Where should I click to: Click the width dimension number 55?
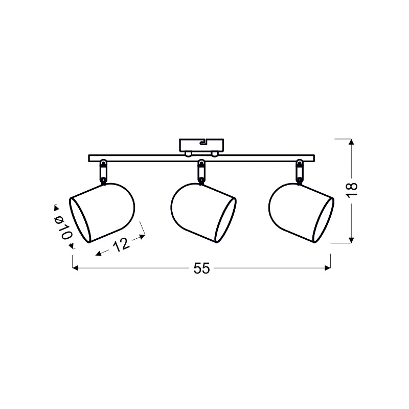(x=201, y=268)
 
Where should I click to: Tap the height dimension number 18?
(x=352, y=190)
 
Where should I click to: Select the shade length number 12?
(x=121, y=244)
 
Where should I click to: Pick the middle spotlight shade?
(x=203, y=213)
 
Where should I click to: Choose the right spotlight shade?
(x=301, y=213)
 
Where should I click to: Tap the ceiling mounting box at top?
(x=201, y=145)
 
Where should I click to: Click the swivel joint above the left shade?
(x=104, y=172)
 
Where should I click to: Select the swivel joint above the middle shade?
(x=201, y=172)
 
